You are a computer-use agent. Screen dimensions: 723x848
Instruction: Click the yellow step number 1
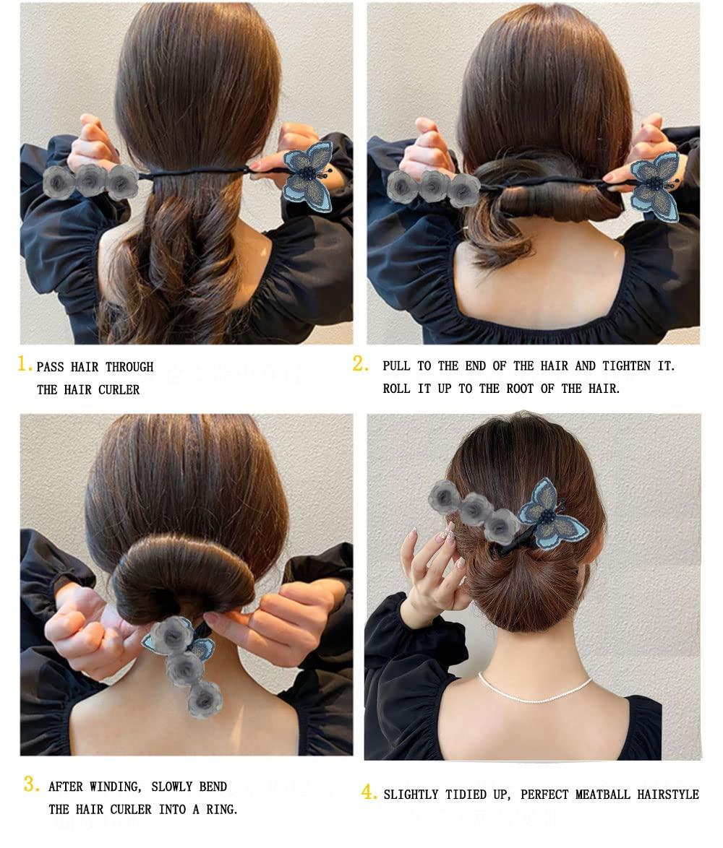pos(23,363)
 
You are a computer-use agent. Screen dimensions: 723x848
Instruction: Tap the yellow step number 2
pos(359,363)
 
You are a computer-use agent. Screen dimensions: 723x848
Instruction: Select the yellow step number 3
pos(31,784)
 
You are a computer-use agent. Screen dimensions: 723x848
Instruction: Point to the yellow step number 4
pos(368,792)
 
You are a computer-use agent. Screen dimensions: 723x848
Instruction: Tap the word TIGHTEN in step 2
pos(627,366)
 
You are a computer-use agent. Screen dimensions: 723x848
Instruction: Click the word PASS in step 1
pos(51,367)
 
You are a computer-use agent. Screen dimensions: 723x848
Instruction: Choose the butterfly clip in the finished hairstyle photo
pos(551,514)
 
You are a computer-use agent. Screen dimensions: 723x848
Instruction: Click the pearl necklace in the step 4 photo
pos(534,691)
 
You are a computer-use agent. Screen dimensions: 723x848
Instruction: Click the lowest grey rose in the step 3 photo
pos(205,699)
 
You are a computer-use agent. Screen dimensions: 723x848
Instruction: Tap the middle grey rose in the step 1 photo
pos(91,180)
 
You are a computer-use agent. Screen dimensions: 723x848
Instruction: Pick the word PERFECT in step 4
pos(543,795)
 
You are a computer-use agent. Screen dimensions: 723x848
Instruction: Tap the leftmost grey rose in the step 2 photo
pos(403,187)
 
